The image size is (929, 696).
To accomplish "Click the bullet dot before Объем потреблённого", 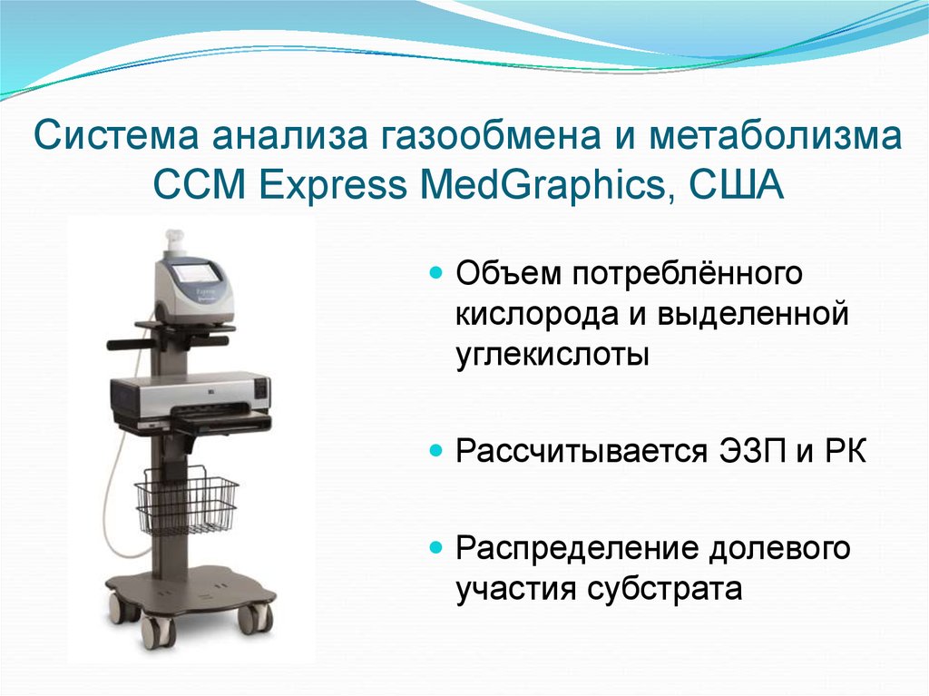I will pyautogui.click(x=435, y=272).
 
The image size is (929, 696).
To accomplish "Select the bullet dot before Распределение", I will pyautogui.click(x=435, y=549).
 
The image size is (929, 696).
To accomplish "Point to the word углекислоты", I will pyautogui.click(x=553, y=355).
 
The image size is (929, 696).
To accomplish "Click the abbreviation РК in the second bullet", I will pyautogui.click(x=846, y=451).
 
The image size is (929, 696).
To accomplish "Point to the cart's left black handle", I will pyautogui.click(x=126, y=345).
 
